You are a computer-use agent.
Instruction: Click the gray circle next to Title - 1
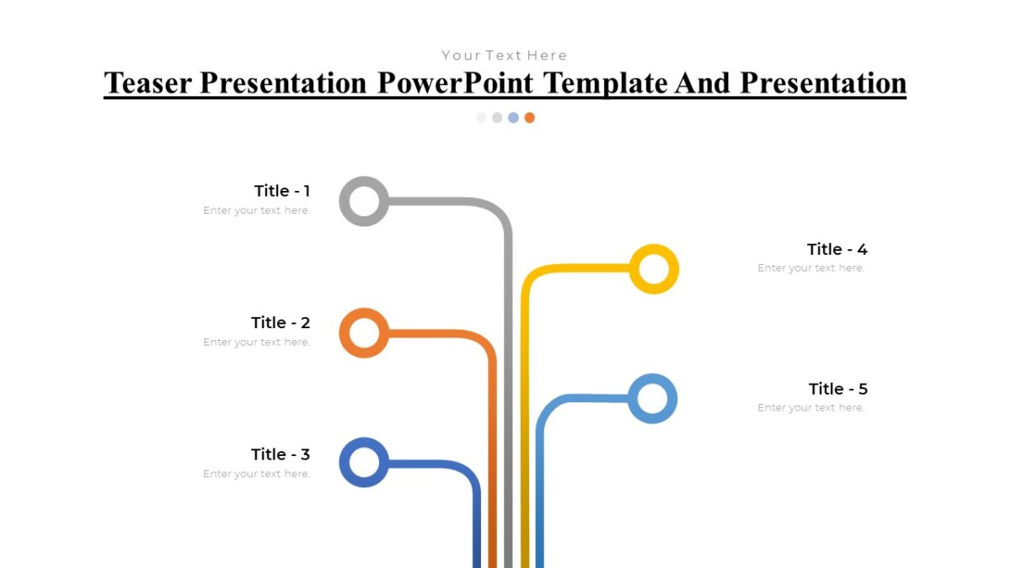[364, 201]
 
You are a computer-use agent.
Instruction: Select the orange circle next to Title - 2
[364, 333]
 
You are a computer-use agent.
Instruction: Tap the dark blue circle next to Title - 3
[364, 463]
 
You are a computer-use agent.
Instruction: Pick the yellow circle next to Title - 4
[654, 269]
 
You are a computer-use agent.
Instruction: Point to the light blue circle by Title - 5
[652, 398]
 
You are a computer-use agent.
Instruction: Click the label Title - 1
[282, 191]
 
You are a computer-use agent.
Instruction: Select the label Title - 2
[281, 322]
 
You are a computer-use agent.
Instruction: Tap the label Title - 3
[281, 454]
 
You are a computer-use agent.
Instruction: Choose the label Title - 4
[837, 249]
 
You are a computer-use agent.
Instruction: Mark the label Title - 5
[837, 389]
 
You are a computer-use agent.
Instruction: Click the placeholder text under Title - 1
[257, 210]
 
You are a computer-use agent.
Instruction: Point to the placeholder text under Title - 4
[810, 268]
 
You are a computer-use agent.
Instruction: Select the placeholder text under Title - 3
[257, 474]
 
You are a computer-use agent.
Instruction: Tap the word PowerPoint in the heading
[456, 83]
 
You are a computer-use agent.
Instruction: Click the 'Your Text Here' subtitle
[505, 56]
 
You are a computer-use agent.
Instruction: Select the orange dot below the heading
[529, 118]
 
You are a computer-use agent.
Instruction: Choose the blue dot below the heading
[513, 118]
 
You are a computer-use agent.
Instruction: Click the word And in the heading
[704, 83]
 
